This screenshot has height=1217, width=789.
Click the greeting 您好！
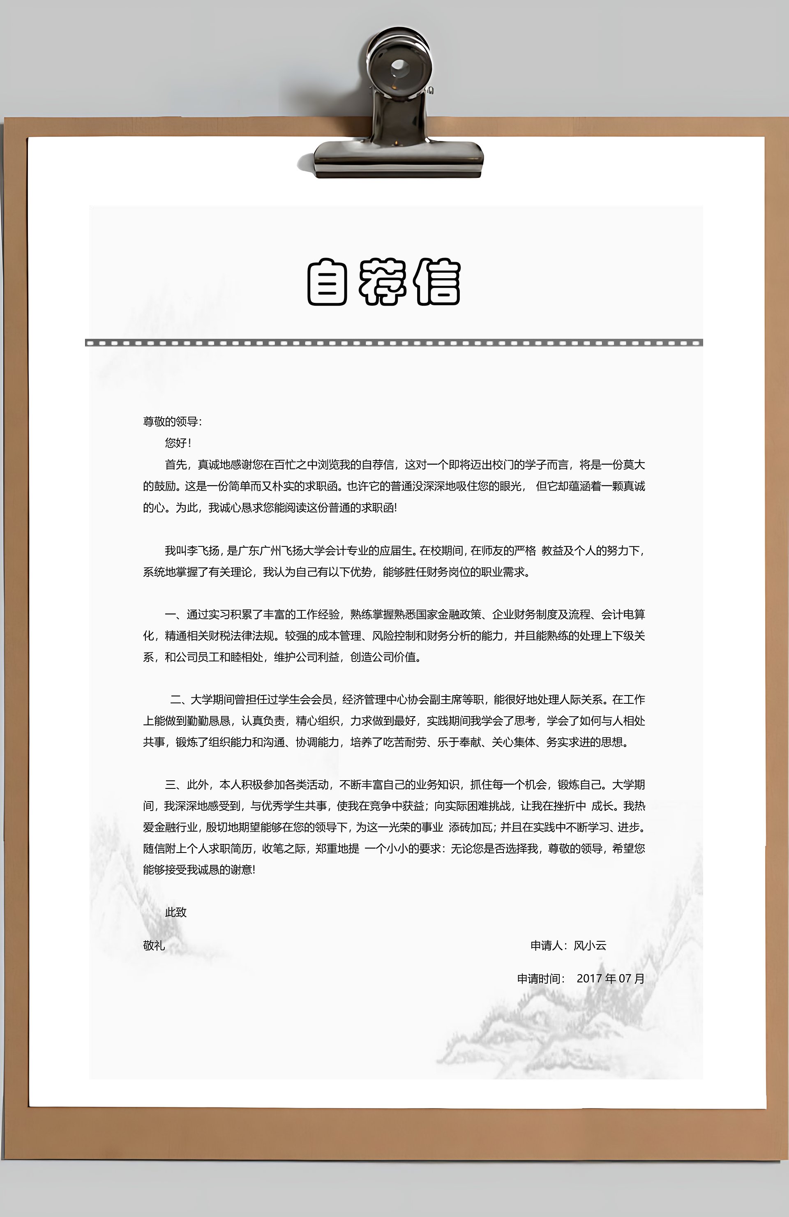[178, 443]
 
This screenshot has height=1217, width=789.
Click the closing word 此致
[176, 912]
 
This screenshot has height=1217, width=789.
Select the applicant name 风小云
[590, 945]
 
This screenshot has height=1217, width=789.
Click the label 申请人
[547, 945]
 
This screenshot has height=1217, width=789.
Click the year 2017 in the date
[589, 978]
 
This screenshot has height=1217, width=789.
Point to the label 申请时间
[539, 978]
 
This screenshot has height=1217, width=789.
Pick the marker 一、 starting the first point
[174, 614]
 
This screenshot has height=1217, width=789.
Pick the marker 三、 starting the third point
[175, 784]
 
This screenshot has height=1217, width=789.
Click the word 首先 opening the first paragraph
[175, 464]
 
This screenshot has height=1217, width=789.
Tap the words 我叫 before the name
[175, 551]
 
